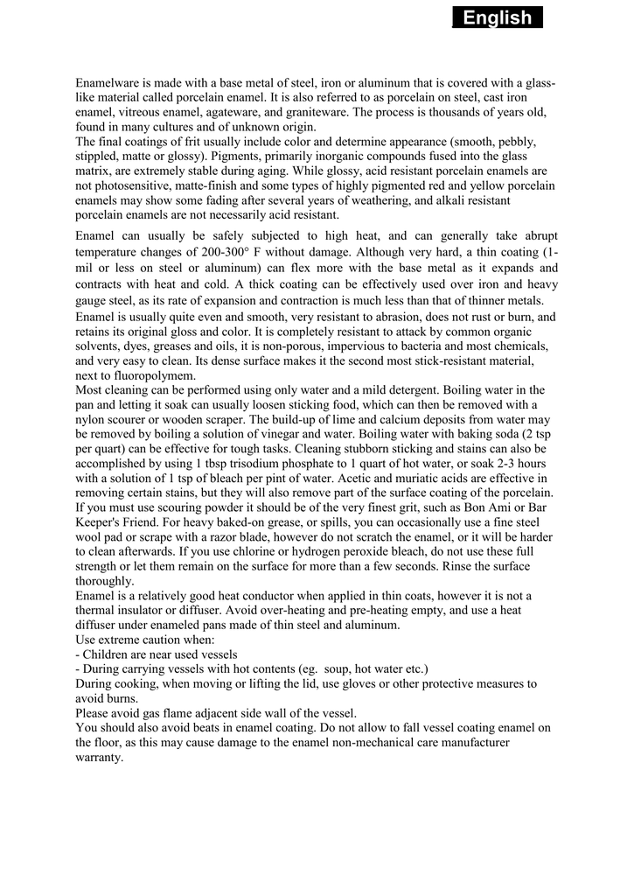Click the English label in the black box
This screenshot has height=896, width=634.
498,17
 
